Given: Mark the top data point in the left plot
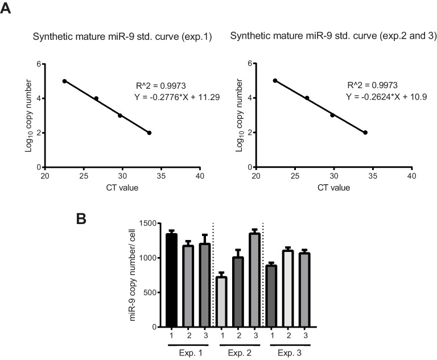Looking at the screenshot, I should coord(64,81).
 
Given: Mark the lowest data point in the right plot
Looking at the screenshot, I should coord(365,133).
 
